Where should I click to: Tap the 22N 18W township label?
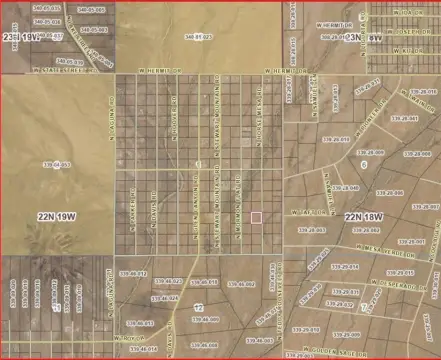366,216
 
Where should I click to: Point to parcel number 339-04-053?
57,165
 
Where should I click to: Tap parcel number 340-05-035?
47,8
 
